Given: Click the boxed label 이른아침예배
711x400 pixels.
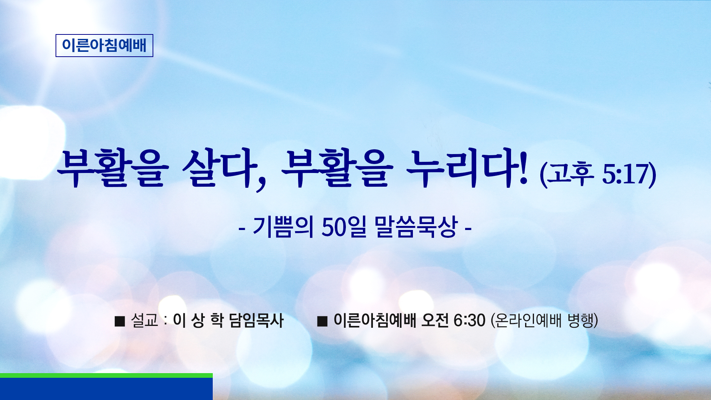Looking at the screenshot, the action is tap(104, 45).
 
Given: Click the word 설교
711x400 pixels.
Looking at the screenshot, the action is tap(145, 320).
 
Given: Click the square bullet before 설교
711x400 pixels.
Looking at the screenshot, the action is tap(120, 321).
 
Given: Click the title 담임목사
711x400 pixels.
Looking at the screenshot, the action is tap(256, 320).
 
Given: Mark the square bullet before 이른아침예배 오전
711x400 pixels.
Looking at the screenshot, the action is tap(322, 321).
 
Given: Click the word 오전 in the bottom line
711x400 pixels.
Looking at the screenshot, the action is tap(435, 320).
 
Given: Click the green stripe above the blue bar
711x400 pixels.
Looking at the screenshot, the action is tap(106, 375).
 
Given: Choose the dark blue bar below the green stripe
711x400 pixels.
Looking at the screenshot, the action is tap(106, 389).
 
